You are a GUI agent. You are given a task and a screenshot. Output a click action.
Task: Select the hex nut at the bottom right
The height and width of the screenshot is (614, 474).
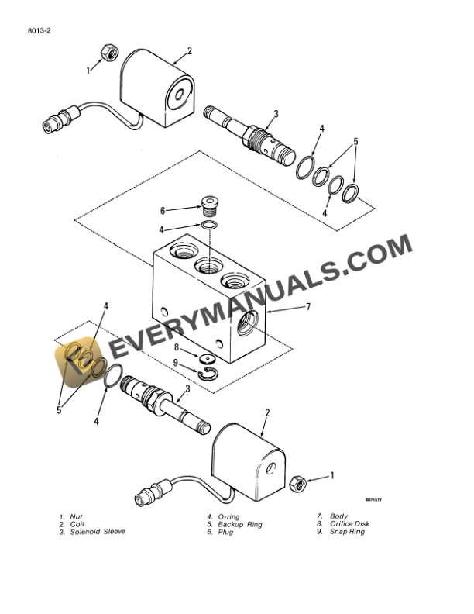[296, 483]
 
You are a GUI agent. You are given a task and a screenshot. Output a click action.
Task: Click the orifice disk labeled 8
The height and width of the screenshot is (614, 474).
[207, 359]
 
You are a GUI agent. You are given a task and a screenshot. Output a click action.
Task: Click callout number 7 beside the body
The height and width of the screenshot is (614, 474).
[307, 307]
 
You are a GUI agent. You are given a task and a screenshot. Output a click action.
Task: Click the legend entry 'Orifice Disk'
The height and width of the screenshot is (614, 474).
[350, 524]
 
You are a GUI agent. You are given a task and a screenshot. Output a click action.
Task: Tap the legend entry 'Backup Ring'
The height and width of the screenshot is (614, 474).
[240, 525]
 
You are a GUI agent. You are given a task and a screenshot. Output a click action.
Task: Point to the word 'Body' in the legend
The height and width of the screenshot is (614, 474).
[339, 516]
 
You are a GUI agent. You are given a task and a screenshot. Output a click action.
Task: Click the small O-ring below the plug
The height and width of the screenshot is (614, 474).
[208, 225]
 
